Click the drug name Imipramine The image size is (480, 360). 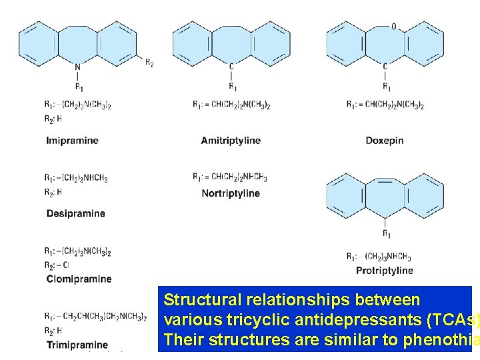(72, 141)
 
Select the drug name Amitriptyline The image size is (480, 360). (231, 141)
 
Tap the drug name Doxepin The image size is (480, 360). (385, 141)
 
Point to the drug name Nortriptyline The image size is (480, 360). (231, 193)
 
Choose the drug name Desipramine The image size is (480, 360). (75, 213)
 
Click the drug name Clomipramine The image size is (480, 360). (79, 279)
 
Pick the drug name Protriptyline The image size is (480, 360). (385, 270)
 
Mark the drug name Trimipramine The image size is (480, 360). (77, 345)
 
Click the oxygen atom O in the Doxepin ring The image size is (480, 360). (394, 27)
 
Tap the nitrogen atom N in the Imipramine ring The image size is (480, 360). (77, 67)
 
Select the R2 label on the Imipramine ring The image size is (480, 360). (149, 63)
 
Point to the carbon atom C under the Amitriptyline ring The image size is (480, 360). (231, 67)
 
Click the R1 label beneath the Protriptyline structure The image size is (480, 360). (386, 233)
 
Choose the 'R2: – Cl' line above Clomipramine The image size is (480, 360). (57, 265)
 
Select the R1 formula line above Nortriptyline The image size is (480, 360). (230, 177)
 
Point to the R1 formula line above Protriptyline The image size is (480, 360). (379, 257)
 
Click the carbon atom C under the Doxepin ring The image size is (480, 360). (385, 67)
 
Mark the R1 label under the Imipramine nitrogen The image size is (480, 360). (79, 87)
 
